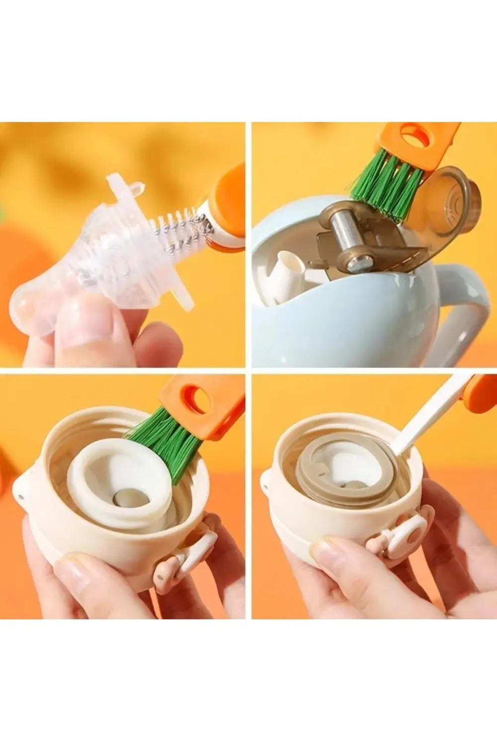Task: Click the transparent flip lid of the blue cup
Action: coord(447,209)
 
